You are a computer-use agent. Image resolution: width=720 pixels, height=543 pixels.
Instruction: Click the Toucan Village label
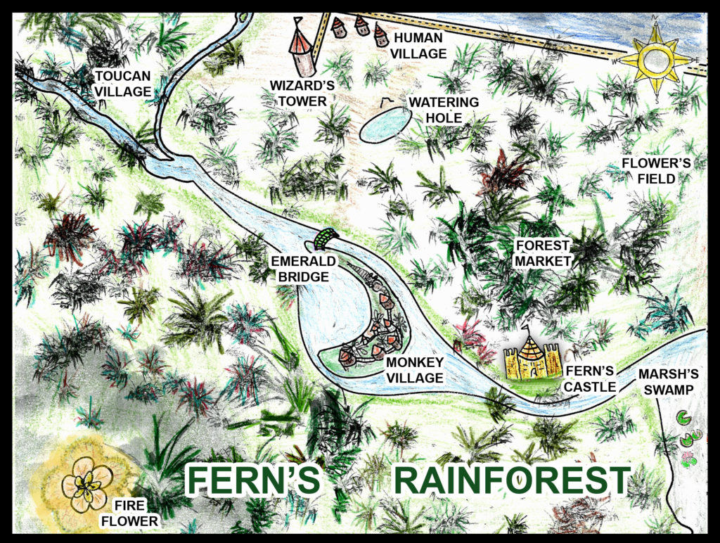[x=122, y=82]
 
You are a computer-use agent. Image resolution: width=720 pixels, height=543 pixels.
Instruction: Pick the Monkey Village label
[x=415, y=370]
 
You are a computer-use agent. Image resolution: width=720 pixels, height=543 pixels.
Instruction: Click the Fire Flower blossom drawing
[x=86, y=483]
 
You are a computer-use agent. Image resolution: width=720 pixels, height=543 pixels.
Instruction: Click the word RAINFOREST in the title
[x=511, y=481]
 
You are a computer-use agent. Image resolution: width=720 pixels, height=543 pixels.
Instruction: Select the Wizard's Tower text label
[x=302, y=93]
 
